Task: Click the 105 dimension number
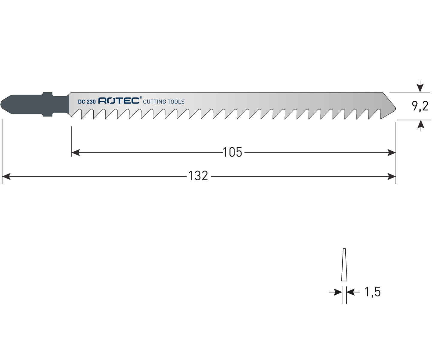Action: click(x=232, y=152)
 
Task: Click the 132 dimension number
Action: click(x=198, y=176)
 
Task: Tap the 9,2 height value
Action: click(x=420, y=106)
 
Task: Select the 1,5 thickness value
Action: click(x=372, y=292)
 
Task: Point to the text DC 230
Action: click(x=87, y=102)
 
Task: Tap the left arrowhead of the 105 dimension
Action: click(x=76, y=153)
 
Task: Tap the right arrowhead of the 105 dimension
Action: click(x=391, y=153)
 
